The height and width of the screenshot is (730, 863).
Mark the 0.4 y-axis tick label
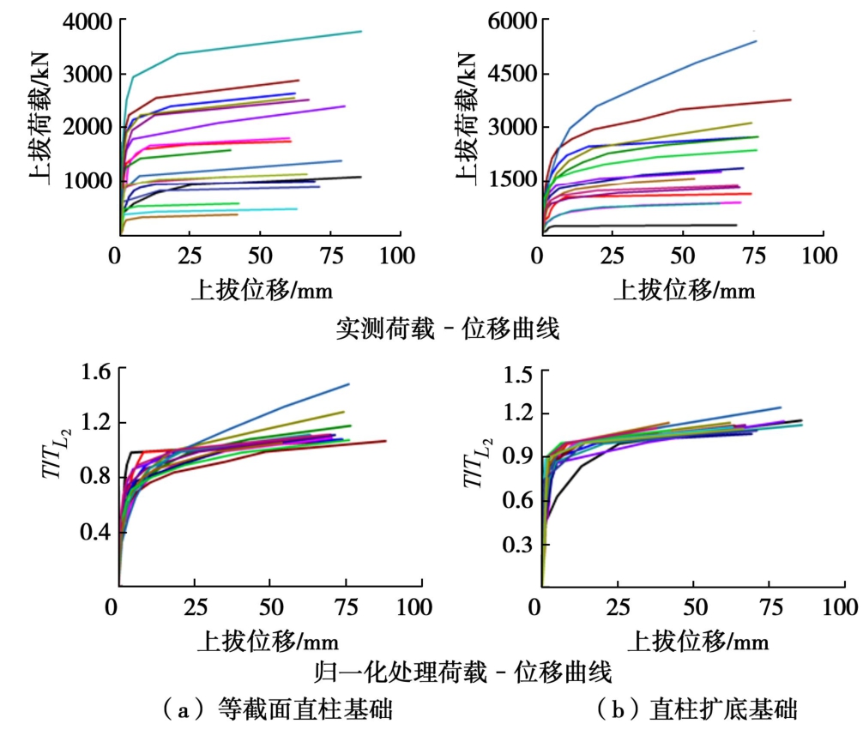click(x=94, y=533)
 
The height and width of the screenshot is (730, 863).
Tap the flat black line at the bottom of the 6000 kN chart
click(x=643, y=226)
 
